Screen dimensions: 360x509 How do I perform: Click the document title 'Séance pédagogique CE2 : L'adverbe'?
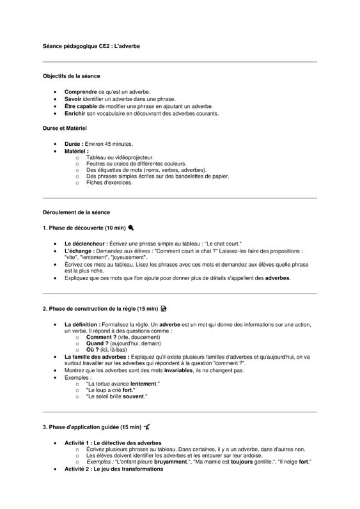91,47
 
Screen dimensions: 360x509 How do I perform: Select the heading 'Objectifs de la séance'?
71,76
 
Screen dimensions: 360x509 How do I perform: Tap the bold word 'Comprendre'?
81,92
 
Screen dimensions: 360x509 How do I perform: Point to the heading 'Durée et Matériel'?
65,129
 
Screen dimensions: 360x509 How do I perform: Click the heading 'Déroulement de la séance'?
76,212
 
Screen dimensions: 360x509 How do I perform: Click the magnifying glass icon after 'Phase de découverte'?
131,227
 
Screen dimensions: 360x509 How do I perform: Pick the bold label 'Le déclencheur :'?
86,244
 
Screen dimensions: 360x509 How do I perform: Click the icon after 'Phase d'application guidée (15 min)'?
148,427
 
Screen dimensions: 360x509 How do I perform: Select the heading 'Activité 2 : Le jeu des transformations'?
114,469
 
